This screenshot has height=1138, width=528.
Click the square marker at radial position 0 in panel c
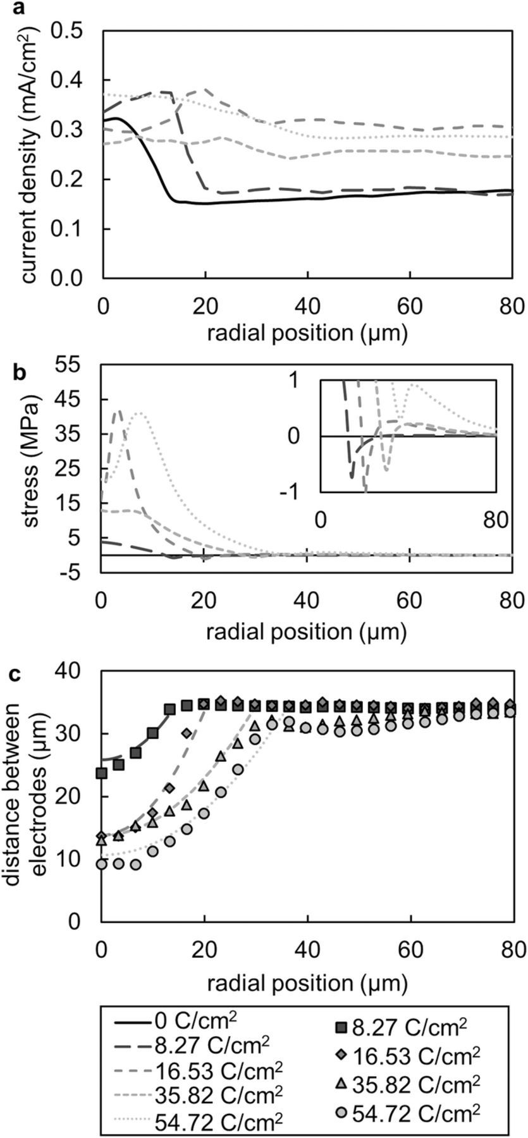coord(102,773)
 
